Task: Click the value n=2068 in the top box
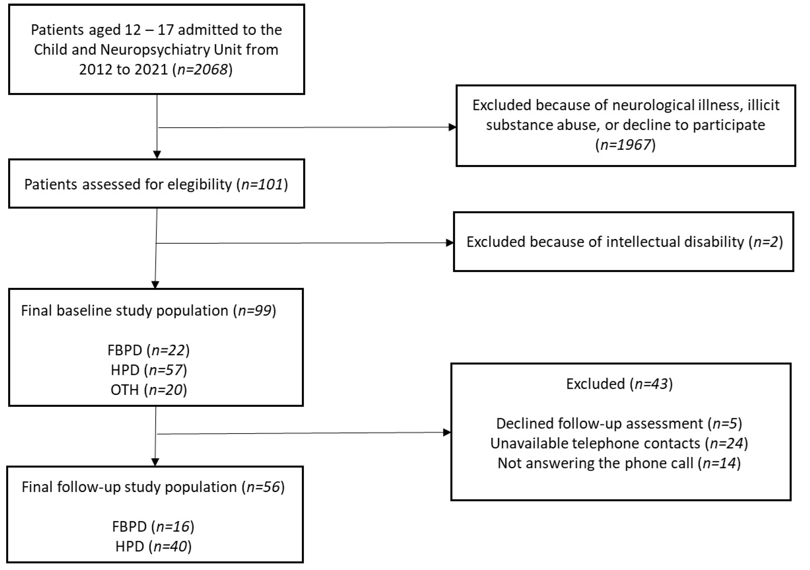tap(203, 70)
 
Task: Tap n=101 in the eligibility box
tap(262, 184)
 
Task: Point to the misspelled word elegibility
tap(199, 184)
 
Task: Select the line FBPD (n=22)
tap(148, 350)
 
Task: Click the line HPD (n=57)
tap(148, 370)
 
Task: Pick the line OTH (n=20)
tap(148, 390)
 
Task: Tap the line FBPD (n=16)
tap(153, 527)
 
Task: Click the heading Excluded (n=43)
tap(619, 384)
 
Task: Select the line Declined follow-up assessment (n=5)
tap(619, 423)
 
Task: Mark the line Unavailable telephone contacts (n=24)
tap(619, 443)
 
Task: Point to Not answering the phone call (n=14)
tap(619, 463)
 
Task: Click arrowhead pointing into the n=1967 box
tap(452, 127)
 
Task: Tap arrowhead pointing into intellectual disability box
tap(450, 243)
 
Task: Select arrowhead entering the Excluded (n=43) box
tap(447, 432)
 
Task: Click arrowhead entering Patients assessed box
tap(157, 155)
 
